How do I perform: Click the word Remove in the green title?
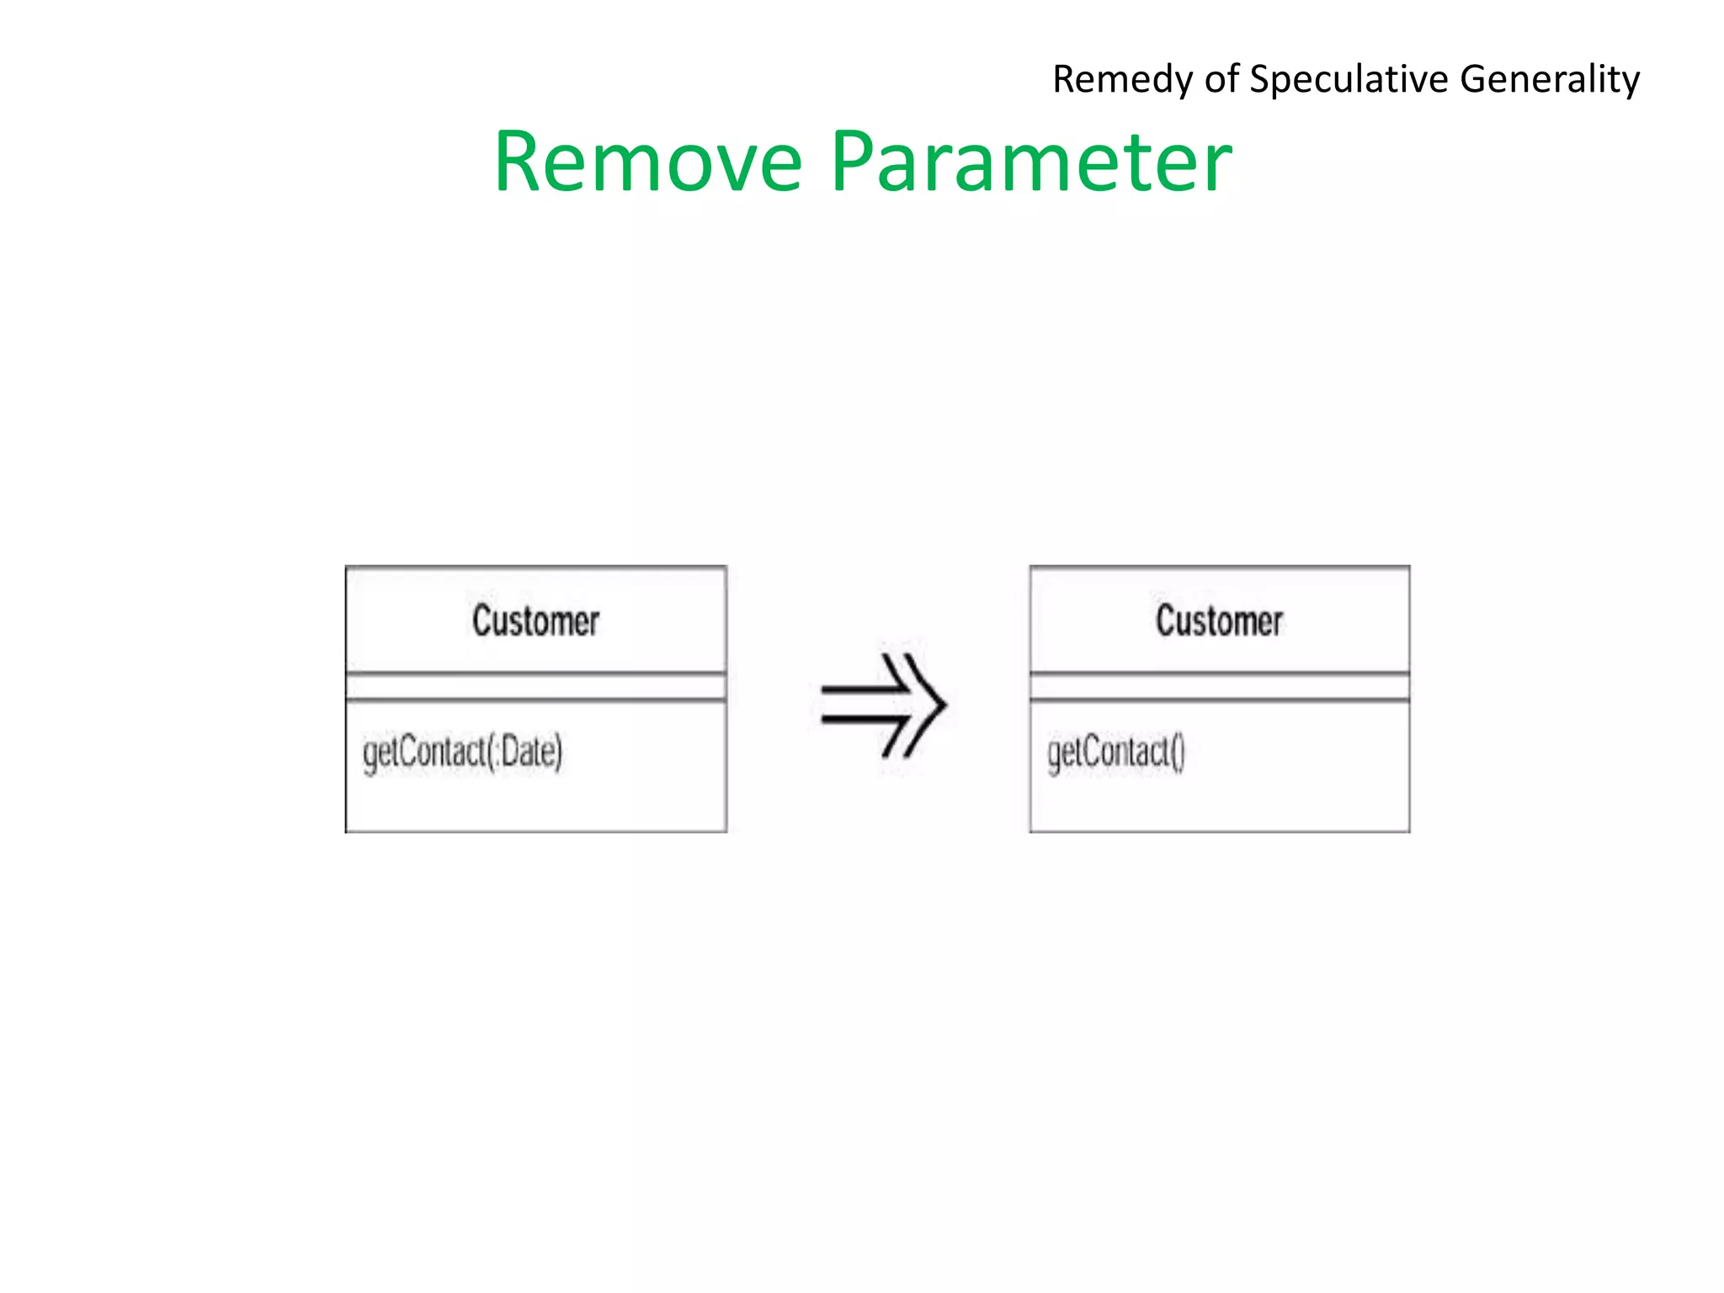click(648, 162)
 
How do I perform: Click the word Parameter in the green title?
click(1031, 162)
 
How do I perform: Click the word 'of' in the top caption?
click(1221, 79)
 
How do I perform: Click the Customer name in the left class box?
click(535, 621)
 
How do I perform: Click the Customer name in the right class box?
click(1219, 621)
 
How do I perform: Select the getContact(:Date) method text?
click(462, 752)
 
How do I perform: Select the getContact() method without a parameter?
click(1115, 752)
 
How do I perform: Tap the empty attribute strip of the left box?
click(535, 687)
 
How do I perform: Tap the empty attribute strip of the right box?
click(1219, 687)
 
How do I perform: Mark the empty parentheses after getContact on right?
click(1178, 752)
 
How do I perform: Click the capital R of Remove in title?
click(519, 162)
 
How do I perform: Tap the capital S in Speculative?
click(1260, 79)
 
